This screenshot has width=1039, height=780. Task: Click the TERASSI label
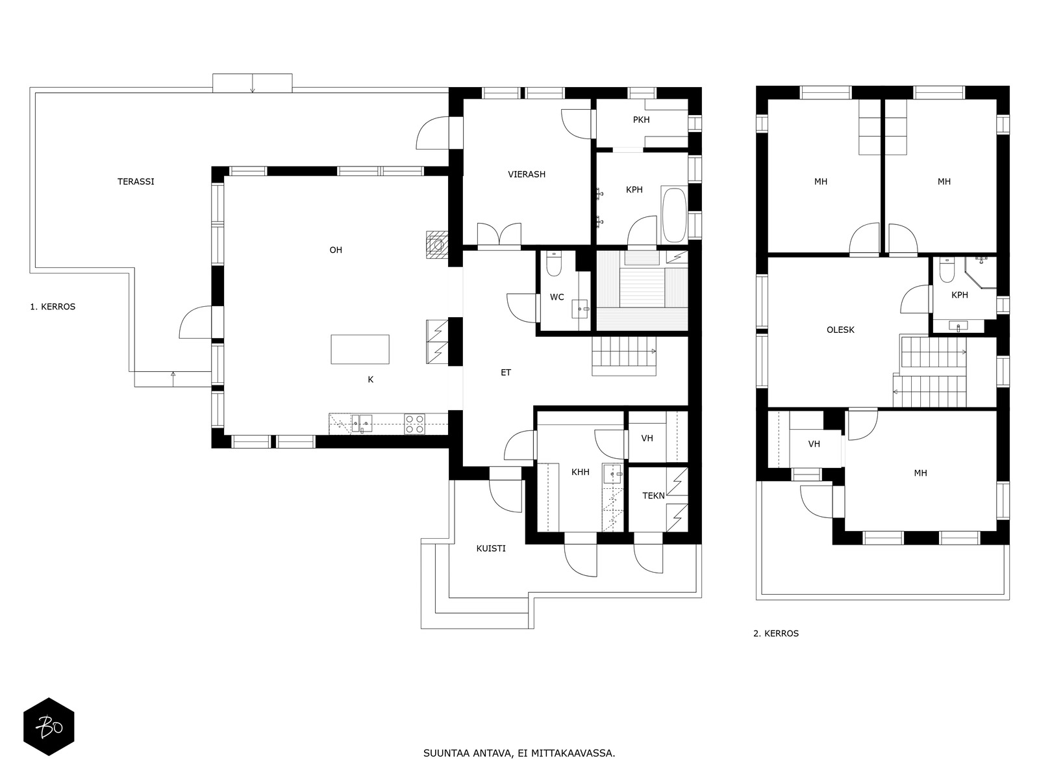click(136, 181)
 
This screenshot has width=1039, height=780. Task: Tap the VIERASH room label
click(527, 174)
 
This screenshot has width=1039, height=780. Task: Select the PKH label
click(641, 120)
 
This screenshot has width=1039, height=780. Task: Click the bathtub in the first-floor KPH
click(674, 215)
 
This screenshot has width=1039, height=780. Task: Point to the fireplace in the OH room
click(437, 245)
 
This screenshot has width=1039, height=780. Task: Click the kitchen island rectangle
click(360, 350)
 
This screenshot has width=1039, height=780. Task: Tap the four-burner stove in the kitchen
click(414, 424)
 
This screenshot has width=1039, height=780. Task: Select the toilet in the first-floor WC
click(553, 264)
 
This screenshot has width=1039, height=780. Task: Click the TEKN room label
click(653, 496)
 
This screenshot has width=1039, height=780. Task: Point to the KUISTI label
click(491, 549)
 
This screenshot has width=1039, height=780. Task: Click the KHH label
click(581, 472)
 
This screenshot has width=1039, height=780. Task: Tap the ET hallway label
click(505, 372)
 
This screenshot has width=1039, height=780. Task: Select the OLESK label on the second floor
click(840, 330)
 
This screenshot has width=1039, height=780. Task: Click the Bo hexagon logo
click(49, 727)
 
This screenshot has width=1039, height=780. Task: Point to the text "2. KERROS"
click(776, 634)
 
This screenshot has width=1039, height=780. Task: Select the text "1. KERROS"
click(53, 307)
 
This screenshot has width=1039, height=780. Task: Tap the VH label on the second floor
click(814, 444)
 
